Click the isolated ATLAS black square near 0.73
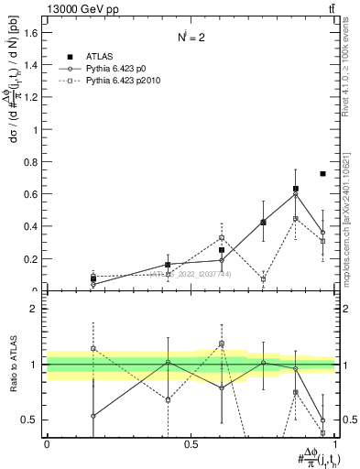(x=322, y=173)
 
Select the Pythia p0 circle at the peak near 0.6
(x=295, y=193)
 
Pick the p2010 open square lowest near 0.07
(x=264, y=279)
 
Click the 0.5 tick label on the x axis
(x=191, y=445)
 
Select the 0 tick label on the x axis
(x=47, y=445)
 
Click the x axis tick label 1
(x=335, y=445)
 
